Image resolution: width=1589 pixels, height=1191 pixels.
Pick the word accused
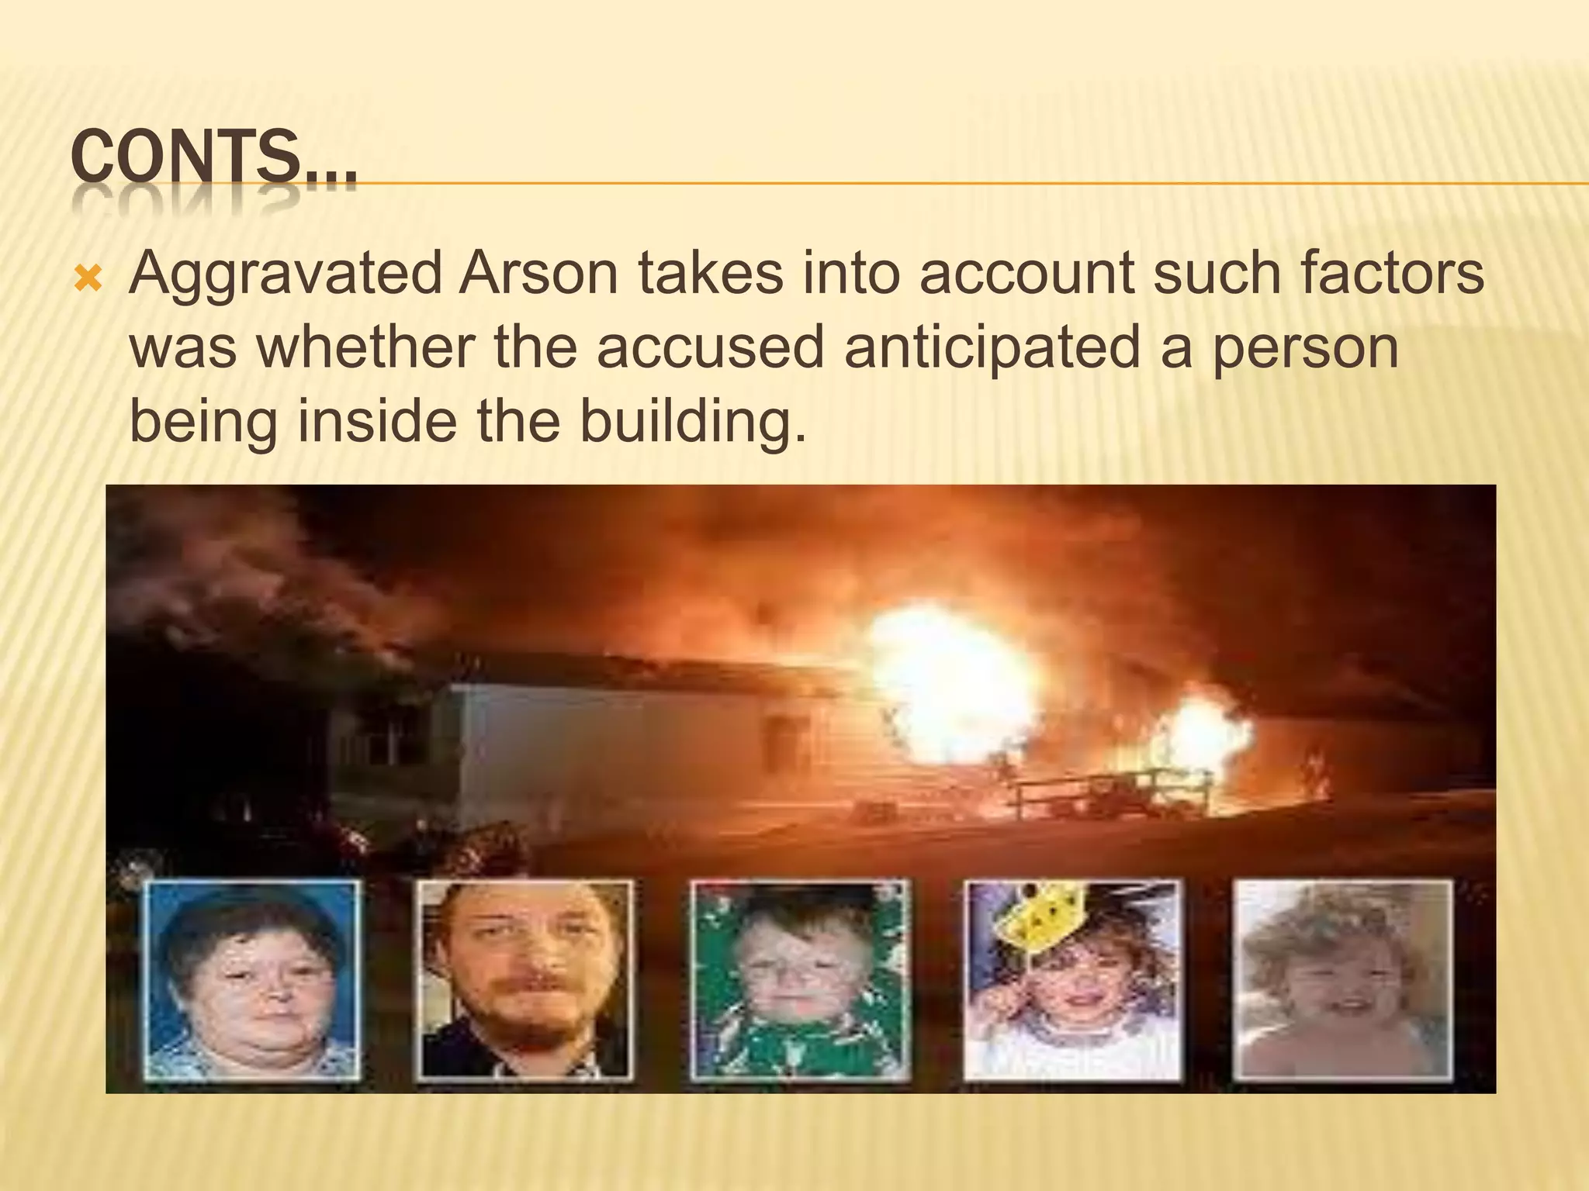[709, 348]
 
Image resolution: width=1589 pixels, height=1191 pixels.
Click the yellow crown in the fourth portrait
[1044, 919]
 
